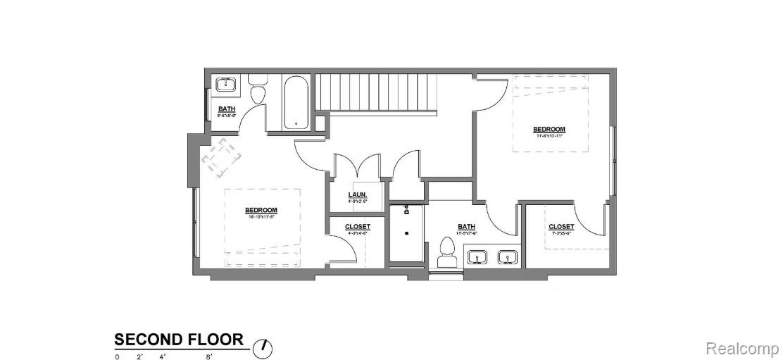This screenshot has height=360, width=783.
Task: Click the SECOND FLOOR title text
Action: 179,340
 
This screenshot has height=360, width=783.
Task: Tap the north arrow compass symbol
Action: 263,347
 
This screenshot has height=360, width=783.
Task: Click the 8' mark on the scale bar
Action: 209,357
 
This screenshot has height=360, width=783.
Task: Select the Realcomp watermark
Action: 741,348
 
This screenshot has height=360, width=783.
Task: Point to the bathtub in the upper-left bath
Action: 296,103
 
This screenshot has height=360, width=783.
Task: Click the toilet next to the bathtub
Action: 257,94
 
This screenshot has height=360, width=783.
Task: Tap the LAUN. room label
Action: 358,195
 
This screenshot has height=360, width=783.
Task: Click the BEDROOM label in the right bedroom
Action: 549,129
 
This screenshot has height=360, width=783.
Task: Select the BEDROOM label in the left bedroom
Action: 261,210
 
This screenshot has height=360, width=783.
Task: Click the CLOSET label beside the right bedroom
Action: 561,227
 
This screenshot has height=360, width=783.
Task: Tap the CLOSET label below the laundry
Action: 357,227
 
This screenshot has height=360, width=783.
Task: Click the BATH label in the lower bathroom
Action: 466,227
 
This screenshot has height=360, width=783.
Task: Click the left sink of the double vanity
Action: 477,257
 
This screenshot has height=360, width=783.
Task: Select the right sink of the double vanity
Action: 507,257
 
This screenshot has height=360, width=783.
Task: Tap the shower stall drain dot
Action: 407,232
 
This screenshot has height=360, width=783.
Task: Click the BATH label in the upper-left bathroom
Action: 227,109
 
